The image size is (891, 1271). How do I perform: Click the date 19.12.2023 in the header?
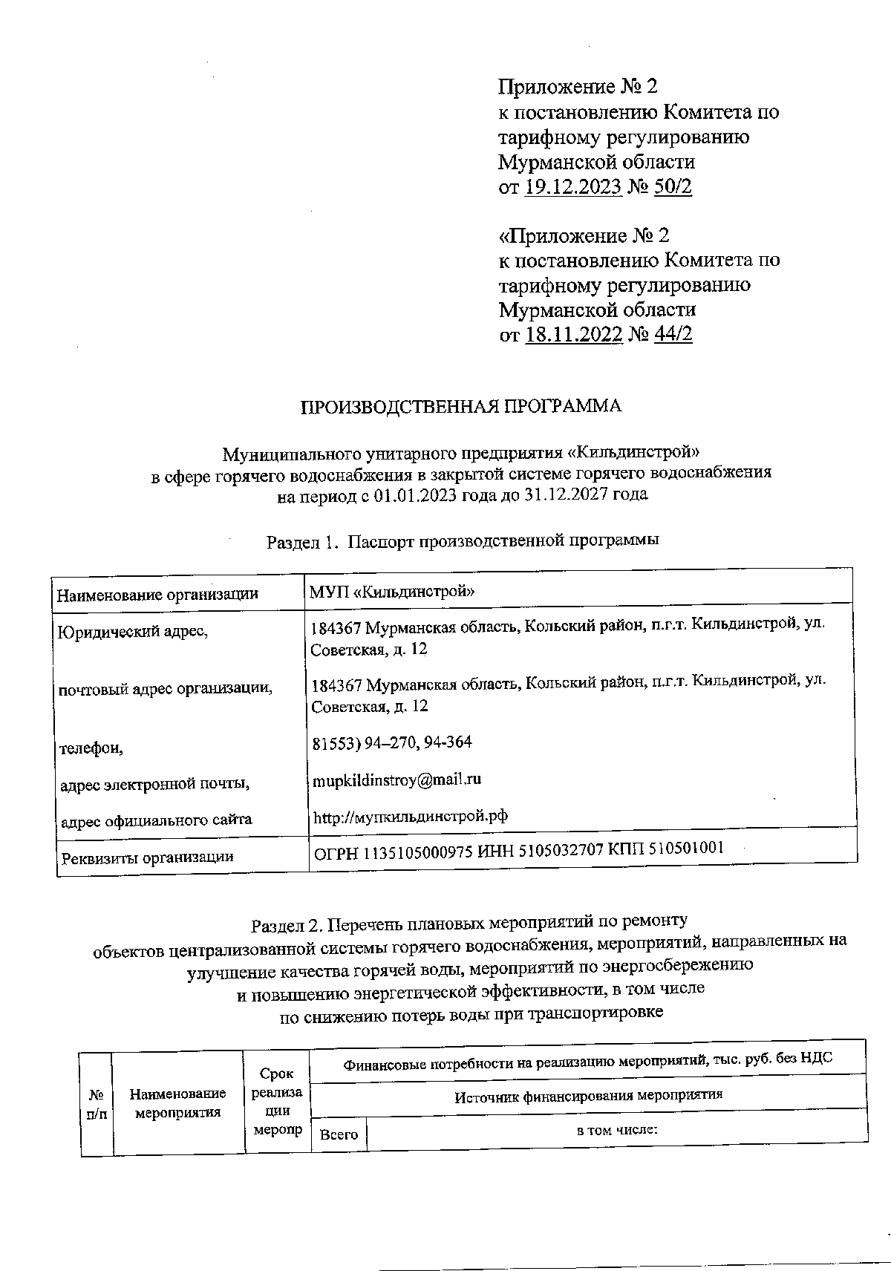coord(572,187)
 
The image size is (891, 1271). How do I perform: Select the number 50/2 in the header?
coord(673,187)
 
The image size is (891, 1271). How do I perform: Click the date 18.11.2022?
coord(573,335)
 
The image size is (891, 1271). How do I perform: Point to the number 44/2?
coord(673,335)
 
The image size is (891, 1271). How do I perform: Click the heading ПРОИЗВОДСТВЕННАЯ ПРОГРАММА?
coord(460,406)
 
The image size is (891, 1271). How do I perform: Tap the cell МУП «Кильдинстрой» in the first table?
coord(393,592)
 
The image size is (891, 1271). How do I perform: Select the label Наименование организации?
coord(157,594)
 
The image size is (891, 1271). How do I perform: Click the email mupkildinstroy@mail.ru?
coord(396,780)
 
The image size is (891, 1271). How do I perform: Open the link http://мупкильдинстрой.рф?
coord(411,817)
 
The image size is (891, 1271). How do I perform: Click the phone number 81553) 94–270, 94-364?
coord(391,742)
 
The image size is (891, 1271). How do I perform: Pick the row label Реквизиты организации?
coord(147,857)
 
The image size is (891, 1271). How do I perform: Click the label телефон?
coord(91,748)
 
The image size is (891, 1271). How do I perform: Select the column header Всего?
coord(339,1134)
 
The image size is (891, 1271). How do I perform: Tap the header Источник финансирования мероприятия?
coord(588,1094)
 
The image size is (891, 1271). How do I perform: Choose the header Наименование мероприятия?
coord(178,1102)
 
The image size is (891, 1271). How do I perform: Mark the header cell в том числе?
coord(618,1131)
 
